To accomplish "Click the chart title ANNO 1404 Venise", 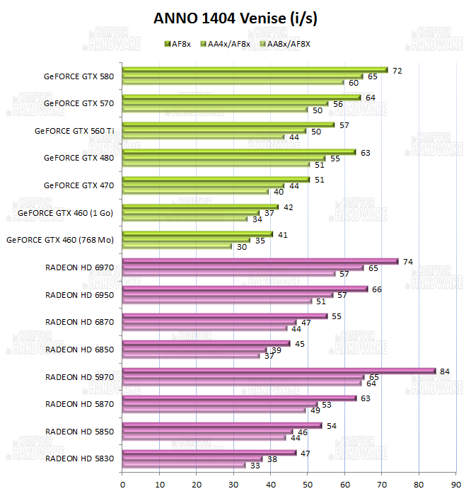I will coord(235,19).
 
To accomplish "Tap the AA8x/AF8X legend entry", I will coord(286,44).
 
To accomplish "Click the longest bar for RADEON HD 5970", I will coord(279,371).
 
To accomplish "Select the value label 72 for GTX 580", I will coord(397,71).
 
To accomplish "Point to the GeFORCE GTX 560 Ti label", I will coord(74,130).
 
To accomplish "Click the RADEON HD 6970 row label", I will coord(79,267).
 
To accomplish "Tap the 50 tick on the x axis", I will coord(308,485).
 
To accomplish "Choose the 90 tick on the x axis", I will coord(456,485).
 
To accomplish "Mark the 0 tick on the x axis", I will coord(123,485).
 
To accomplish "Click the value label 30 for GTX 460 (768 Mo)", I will coord(242,247).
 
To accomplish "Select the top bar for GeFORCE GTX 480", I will coord(239,151).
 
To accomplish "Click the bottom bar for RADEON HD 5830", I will coord(184,466).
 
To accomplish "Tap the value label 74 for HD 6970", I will coord(407,262).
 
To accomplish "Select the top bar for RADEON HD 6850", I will coord(206,344).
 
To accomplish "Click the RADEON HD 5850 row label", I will coord(79,432).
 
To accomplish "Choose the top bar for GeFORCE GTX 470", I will coord(216,179).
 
